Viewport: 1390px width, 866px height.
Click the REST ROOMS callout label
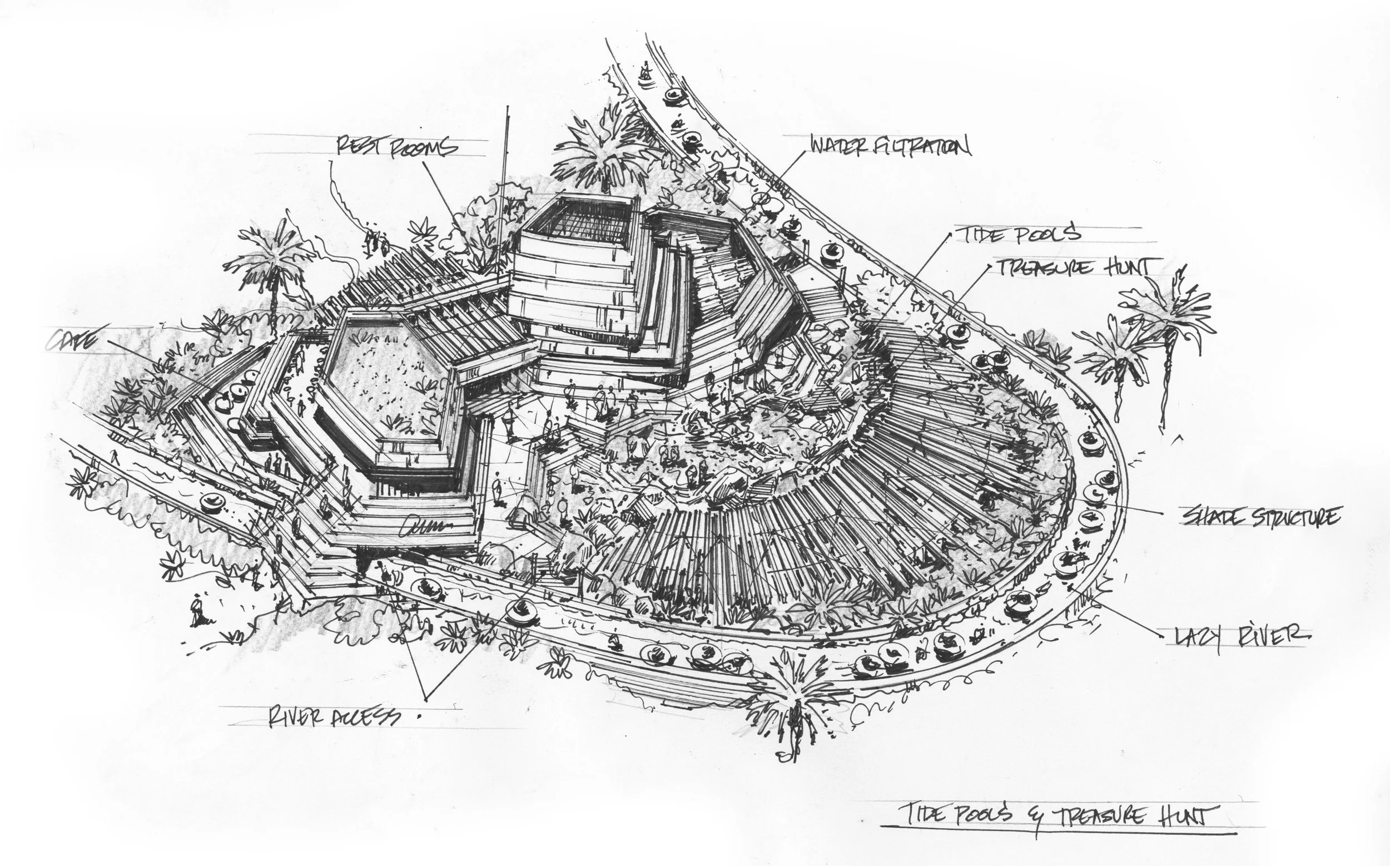coord(397,147)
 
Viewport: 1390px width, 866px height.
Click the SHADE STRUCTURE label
coord(1260,517)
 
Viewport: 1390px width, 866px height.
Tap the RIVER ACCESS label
coord(335,717)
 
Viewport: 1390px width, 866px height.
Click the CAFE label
coord(72,342)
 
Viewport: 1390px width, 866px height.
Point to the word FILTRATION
coord(922,147)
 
